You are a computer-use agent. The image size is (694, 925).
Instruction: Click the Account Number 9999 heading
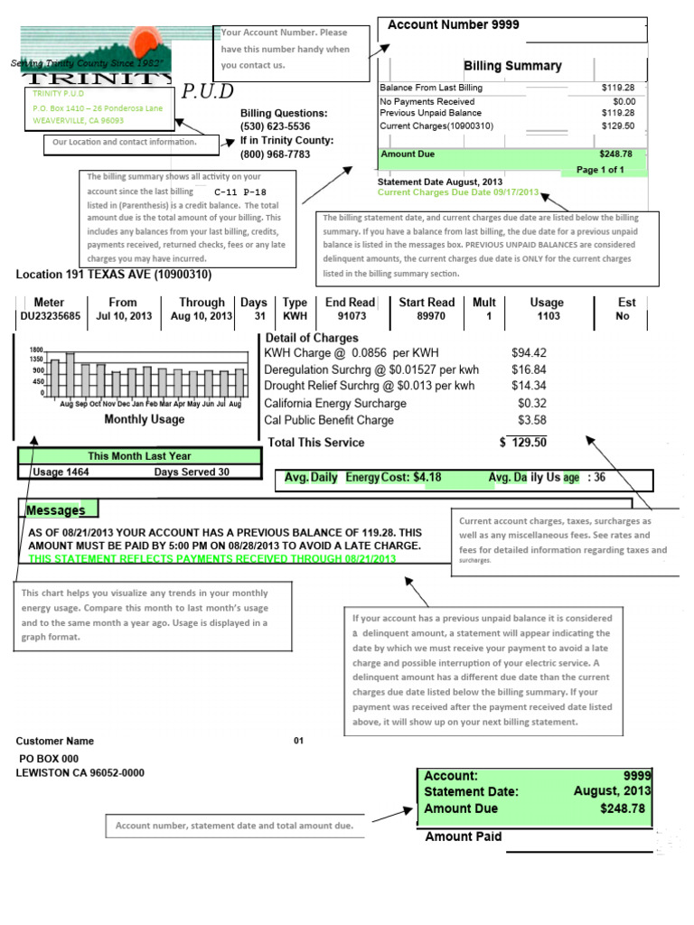(x=453, y=25)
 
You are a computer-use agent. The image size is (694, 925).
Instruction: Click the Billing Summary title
(x=512, y=66)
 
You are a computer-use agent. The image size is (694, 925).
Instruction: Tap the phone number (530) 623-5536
(x=275, y=126)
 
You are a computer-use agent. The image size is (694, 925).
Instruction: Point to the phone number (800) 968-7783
(x=275, y=154)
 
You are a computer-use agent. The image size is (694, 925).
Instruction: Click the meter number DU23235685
(x=50, y=316)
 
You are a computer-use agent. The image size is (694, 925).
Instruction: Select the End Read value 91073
(x=351, y=316)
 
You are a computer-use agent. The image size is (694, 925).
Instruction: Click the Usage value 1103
(x=548, y=316)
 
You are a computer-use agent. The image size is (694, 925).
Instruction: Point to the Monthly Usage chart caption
(x=144, y=419)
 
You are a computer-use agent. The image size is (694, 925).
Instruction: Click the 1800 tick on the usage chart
(x=36, y=350)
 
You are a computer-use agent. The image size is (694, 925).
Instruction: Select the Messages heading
(x=55, y=510)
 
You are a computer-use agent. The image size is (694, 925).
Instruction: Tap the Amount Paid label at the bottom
(x=463, y=836)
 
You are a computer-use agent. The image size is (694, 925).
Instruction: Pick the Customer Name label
(x=54, y=741)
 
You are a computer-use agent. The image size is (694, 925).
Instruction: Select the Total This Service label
(x=316, y=443)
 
